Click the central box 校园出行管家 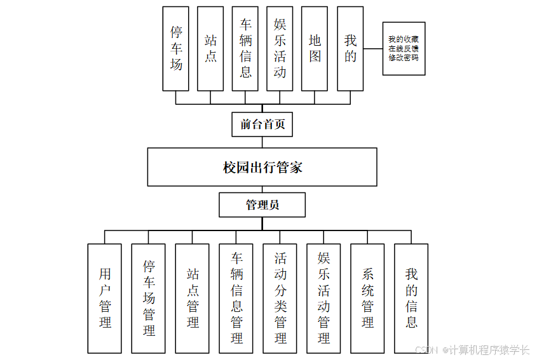262,168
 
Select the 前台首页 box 262,124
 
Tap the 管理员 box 262,205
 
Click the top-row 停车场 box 176,48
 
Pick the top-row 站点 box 210,48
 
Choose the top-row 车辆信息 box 245,48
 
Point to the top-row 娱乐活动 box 280,48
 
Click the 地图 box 315,48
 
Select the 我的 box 350,48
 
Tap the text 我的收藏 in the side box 404,39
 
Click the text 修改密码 404,57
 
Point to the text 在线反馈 404,48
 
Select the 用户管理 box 105,298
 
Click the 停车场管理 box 149,298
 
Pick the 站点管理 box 193,298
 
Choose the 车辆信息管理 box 236,298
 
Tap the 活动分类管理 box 280,298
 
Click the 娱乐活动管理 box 324,298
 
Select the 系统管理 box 368,298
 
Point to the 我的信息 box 411,298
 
